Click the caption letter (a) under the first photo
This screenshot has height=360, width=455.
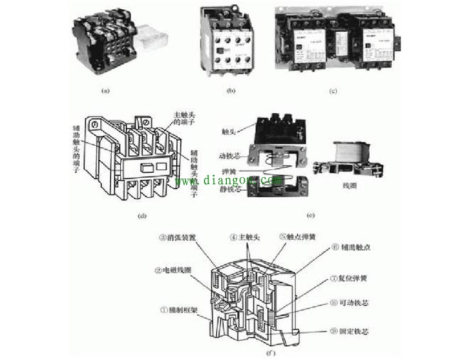tap(106, 91)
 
